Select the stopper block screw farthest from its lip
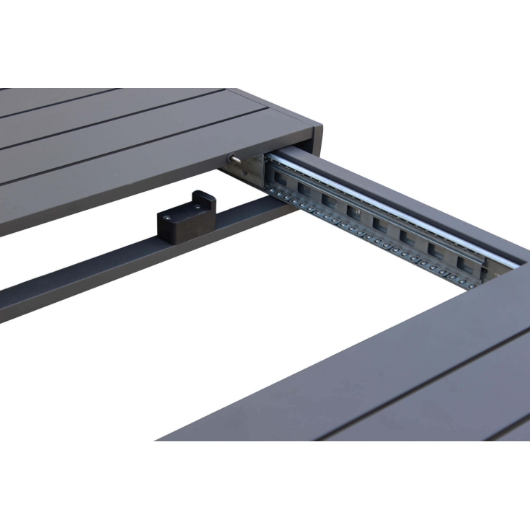(168, 216)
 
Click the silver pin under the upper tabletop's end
(234, 157)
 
